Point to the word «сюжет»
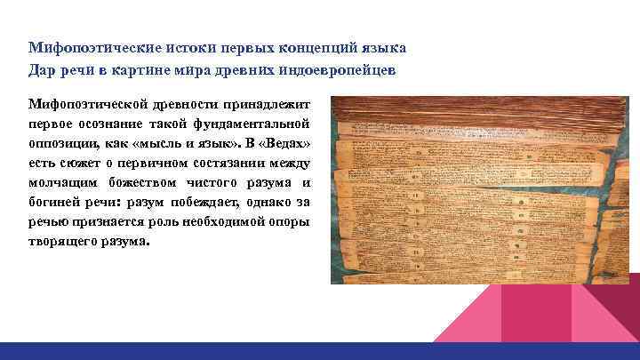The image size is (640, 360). point(77,163)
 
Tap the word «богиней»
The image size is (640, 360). point(57,202)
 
